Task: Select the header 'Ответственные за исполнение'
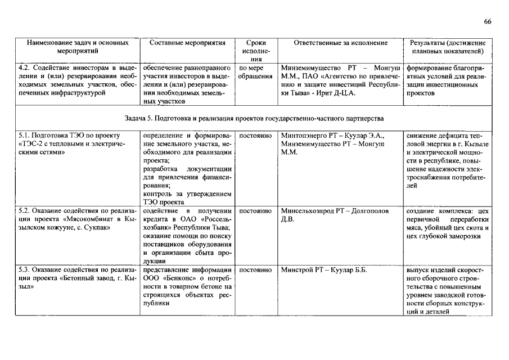pos(340,43)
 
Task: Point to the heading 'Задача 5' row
pos(254,119)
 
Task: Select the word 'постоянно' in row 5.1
pos(256,136)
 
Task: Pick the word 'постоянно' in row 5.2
pos(256,211)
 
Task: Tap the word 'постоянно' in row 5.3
pos(256,270)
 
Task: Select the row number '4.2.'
pos(25,68)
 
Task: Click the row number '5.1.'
pos(25,136)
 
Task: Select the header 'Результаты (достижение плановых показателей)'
pos(448,47)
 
